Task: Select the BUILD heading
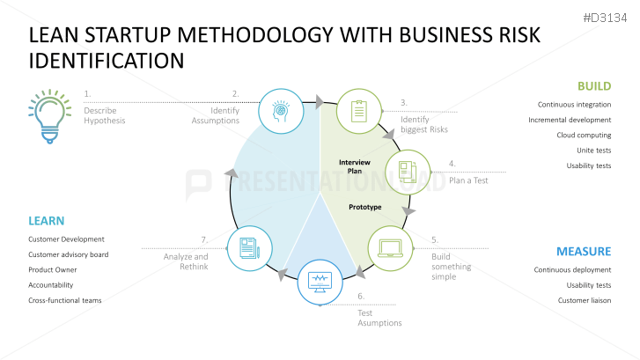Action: pyautogui.click(x=593, y=86)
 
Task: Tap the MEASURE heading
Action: pyautogui.click(x=583, y=251)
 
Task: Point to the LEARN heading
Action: pyautogui.click(x=46, y=220)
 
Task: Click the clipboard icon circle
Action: pyautogui.click(x=358, y=110)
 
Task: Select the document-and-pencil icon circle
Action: pyautogui.click(x=249, y=247)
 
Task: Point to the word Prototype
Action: pyautogui.click(x=365, y=208)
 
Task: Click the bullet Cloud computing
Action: pyautogui.click(x=584, y=135)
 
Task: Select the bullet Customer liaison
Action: pyautogui.click(x=585, y=300)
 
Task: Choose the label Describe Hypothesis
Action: pyautogui.click(x=105, y=115)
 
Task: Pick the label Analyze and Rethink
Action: pyautogui.click(x=186, y=261)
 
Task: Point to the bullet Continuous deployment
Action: pyautogui.click(x=572, y=269)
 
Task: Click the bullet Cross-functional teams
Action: pyautogui.click(x=64, y=300)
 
